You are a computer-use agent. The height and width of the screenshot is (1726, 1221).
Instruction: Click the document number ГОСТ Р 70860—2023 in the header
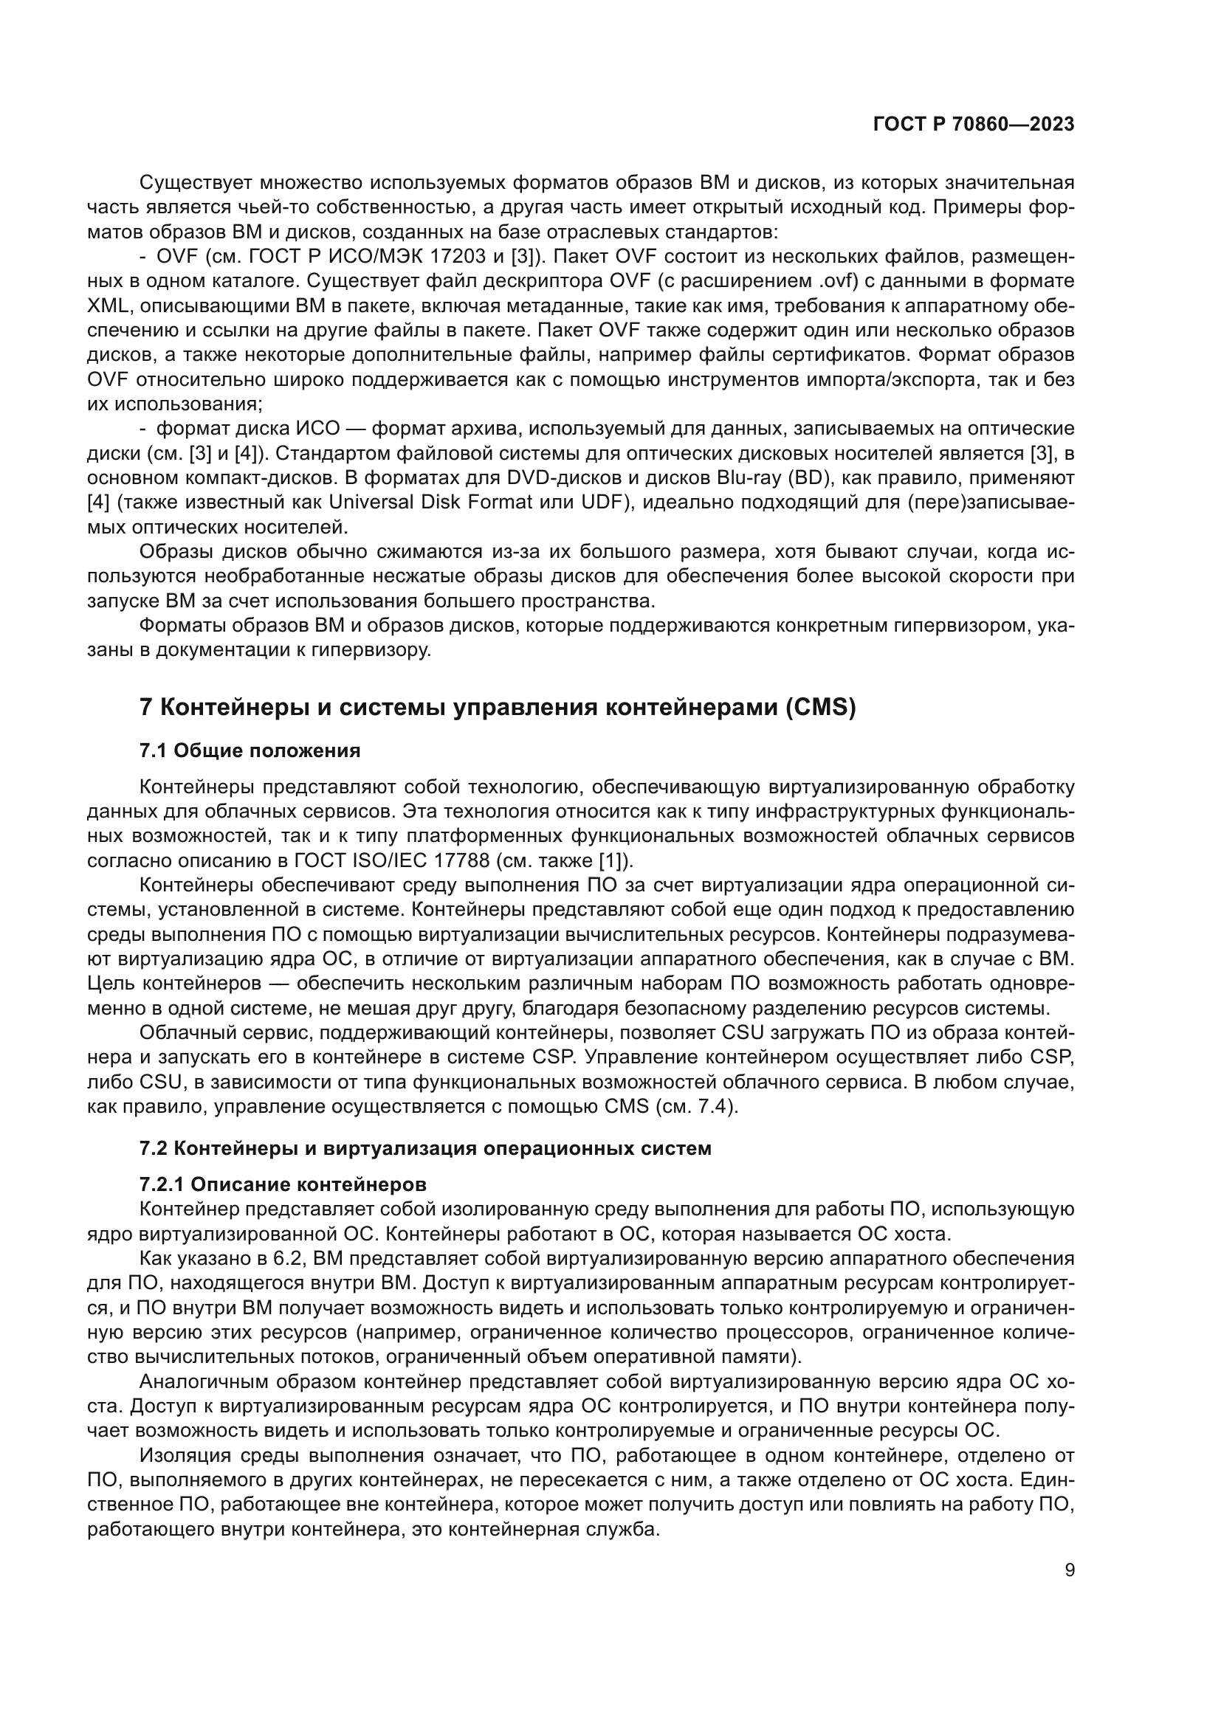click(974, 124)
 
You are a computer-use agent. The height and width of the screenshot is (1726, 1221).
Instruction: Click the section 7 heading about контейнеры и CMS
click(498, 708)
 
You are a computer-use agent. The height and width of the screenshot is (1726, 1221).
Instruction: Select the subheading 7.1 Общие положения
click(250, 750)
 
